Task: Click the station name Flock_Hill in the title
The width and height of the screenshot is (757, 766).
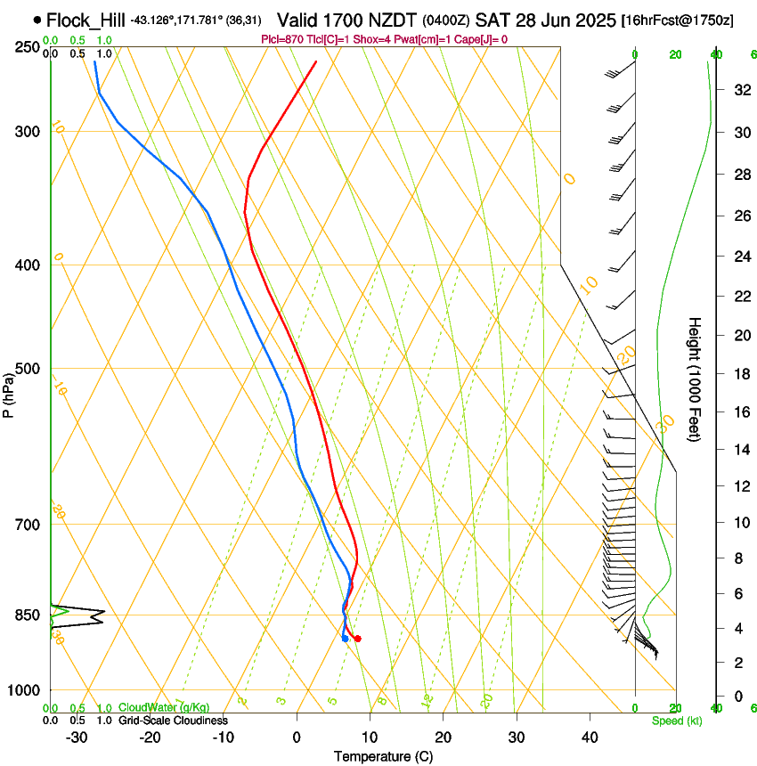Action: pyautogui.click(x=85, y=20)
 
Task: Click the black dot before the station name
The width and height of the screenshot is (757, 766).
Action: pyautogui.click(x=37, y=19)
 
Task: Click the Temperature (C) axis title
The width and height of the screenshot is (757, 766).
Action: pyautogui.click(x=383, y=756)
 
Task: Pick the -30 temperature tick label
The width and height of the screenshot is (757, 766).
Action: pyautogui.click(x=76, y=737)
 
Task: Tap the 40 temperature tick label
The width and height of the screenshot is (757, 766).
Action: pyautogui.click(x=590, y=737)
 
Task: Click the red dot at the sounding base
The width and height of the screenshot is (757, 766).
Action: pyautogui.click(x=357, y=639)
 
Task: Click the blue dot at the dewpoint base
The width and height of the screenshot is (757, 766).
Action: pyautogui.click(x=345, y=639)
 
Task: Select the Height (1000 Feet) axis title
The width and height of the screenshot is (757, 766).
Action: pyautogui.click(x=696, y=379)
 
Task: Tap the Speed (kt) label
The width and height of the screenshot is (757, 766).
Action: pyautogui.click(x=676, y=721)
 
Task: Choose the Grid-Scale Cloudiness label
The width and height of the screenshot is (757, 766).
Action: pyautogui.click(x=173, y=721)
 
